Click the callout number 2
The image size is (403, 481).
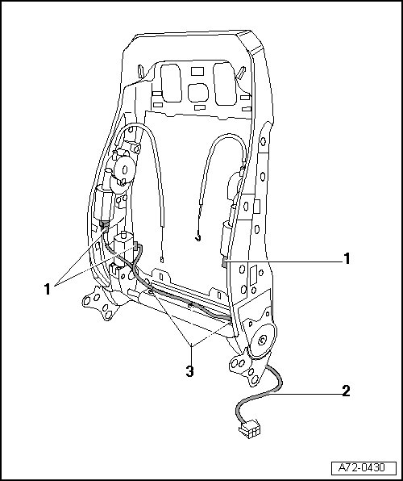coord(346,391)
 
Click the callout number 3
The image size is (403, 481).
coord(190,371)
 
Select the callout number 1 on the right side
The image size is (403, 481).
coord(347,258)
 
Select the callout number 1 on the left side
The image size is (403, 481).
coord(48,289)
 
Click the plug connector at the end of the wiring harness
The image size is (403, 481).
coord(250,429)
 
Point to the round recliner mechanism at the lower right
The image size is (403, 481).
coord(263,339)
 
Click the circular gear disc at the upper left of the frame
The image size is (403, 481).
coord(124,169)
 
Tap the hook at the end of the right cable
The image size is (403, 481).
coord(198,237)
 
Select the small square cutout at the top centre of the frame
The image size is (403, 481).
coord(197,72)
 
